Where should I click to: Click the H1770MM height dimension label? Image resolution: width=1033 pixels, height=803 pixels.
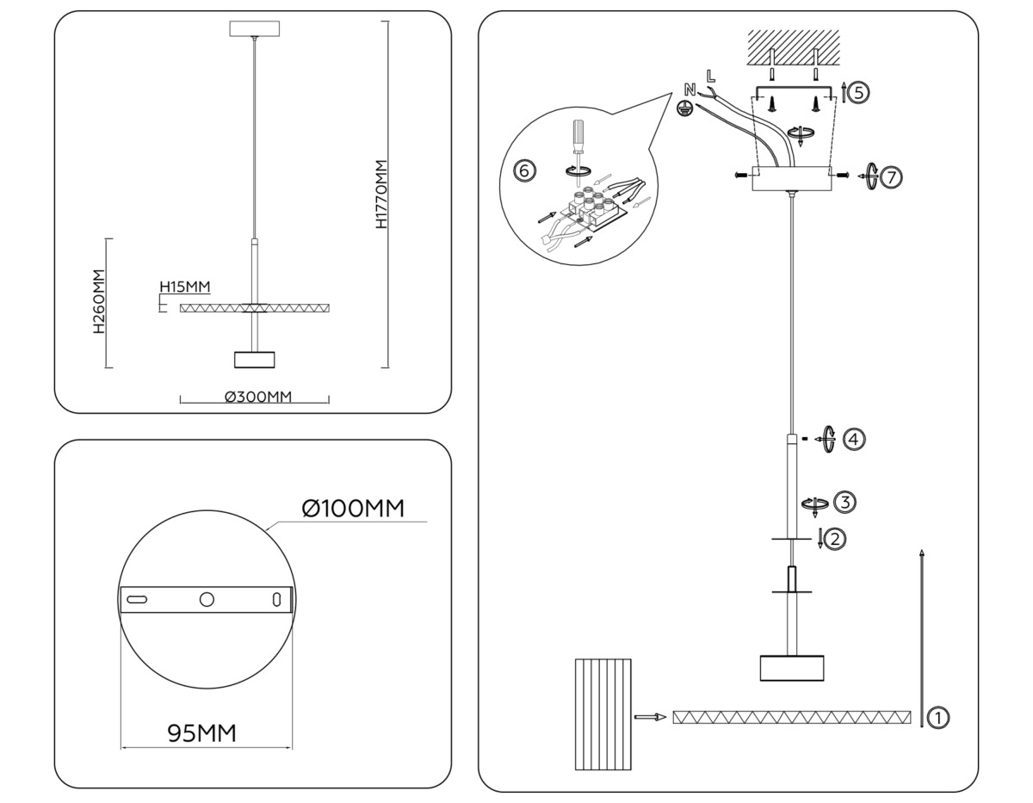(x=381, y=195)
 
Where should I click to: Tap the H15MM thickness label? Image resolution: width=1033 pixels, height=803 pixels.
(x=184, y=287)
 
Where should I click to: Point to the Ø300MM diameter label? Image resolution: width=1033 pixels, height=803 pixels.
(x=258, y=397)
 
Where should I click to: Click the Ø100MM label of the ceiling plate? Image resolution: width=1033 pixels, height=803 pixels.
(x=353, y=509)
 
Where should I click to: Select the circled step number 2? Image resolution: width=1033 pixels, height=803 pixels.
(x=834, y=540)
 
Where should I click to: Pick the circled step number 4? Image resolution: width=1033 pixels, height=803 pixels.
(x=853, y=439)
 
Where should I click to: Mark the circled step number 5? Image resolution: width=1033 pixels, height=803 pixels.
(x=858, y=92)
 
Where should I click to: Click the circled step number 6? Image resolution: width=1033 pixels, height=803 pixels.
(x=524, y=170)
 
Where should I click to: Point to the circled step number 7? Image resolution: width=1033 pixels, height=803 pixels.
(x=891, y=177)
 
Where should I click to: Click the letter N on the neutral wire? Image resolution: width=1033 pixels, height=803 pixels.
(x=690, y=90)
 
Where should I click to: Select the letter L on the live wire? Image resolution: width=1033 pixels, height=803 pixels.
(x=710, y=76)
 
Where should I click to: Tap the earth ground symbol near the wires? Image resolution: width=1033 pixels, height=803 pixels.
(x=685, y=109)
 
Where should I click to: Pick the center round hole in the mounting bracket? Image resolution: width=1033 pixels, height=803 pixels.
(x=206, y=600)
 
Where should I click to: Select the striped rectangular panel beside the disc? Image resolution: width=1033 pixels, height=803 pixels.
(x=603, y=714)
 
